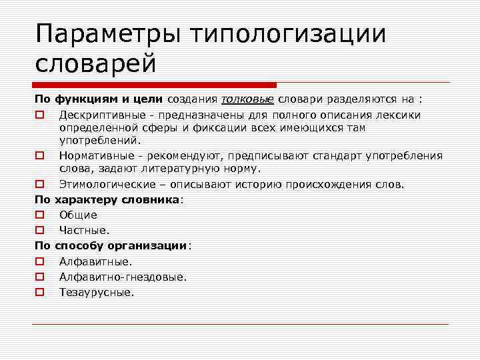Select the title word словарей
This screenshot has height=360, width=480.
point(95,65)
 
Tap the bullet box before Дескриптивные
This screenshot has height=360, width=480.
point(39,115)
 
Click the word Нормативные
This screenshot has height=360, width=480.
point(93,155)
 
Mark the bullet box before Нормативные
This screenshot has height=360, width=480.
point(39,155)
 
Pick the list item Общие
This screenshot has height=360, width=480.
point(78,215)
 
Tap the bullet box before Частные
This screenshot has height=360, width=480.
point(39,231)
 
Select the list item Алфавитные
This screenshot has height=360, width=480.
point(95,261)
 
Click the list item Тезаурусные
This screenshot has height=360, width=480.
point(97,292)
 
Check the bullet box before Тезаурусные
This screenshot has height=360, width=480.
point(39,292)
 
